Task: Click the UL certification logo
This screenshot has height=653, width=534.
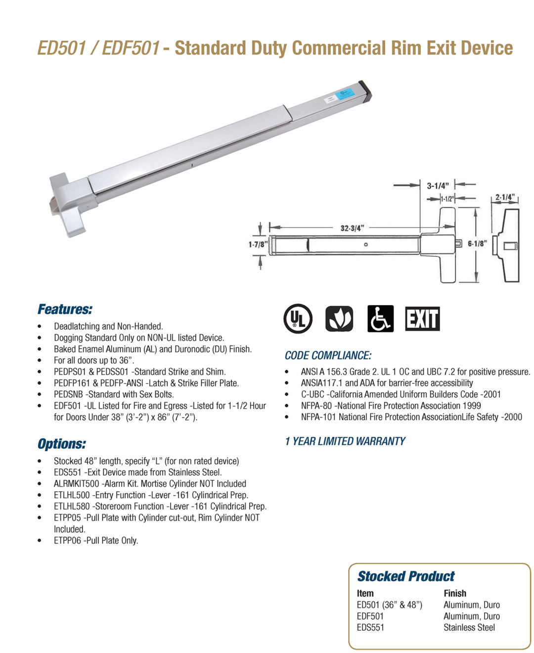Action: (298, 319)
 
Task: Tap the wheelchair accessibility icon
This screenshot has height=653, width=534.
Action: (380, 319)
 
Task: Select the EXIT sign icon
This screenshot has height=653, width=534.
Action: (422, 319)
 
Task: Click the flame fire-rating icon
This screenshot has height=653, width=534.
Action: (339, 319)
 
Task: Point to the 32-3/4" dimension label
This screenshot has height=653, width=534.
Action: (352, 228)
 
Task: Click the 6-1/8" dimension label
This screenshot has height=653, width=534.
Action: (477, 243)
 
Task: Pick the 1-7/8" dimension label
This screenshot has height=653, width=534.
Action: (257, 244)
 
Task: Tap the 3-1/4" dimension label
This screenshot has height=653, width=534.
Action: (438, 186)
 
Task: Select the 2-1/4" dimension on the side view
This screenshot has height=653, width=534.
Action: (504, 197)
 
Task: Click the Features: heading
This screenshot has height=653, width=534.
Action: (65, 310)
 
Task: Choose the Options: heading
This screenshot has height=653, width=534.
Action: (62, 444)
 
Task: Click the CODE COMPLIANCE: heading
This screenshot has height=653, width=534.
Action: (328, 355)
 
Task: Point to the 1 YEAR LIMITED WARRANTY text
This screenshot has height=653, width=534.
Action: (345, 441)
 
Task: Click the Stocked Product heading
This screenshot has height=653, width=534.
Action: (406, 576)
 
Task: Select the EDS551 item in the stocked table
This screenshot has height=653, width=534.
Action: (370, 627)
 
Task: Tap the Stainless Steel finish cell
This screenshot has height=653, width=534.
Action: (469, 627)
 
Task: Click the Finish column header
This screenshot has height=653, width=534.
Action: (455, 593)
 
